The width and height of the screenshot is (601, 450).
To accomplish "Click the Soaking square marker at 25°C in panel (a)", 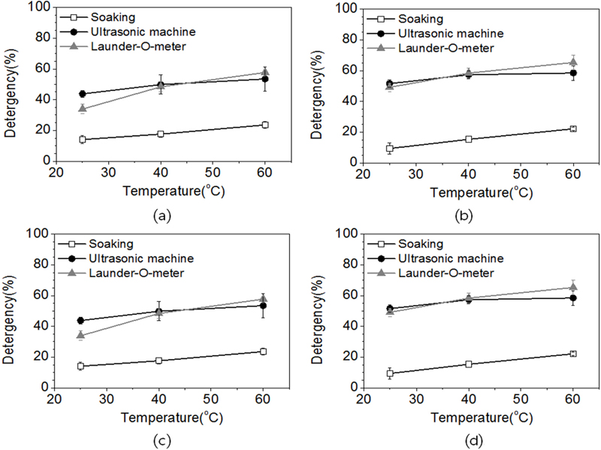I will pos(82,139).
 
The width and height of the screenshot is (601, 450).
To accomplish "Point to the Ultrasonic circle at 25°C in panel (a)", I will pos(82,94).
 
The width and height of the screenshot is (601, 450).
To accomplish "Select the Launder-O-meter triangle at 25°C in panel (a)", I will pos(82,108).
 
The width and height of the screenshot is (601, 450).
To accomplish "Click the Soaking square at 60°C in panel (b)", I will pos(572,128).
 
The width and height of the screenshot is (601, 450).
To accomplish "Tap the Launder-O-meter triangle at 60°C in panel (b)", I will pos(572,62).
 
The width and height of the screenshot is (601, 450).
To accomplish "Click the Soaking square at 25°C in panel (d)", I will pos(390,373).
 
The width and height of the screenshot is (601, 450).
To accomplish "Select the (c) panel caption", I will pos(160,440).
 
